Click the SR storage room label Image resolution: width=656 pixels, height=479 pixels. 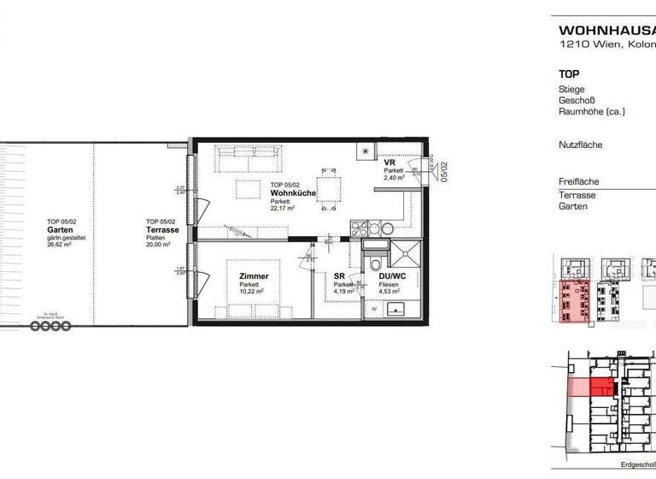coord(339,276)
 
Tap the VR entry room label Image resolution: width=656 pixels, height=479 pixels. coord(390,163)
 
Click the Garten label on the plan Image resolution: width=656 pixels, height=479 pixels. coord(60,229)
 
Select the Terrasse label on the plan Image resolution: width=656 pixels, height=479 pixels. coord(161,230)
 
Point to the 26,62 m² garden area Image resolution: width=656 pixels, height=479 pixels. coord(60,244)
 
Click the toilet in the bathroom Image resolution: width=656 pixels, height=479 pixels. coord(373,263)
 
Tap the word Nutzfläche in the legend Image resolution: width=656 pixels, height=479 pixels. coord(580,145)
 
